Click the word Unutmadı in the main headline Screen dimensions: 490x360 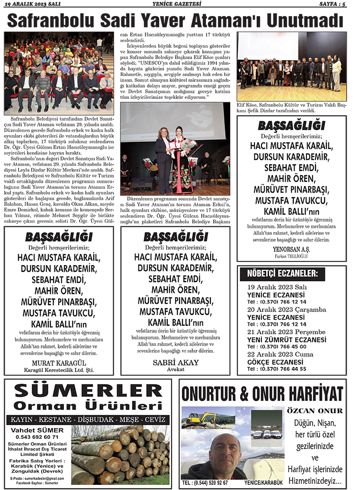pyautogui.click(x=305, y=21)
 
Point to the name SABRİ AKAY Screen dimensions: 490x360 pyautogui.click(x=176, y=363)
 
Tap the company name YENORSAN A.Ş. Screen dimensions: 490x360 pyautogui.click(x=291, y=249)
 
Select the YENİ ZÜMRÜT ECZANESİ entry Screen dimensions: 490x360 pyautogui.click(x=287, y=339)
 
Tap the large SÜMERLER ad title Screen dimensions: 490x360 pyautogui.click(x=88, y=392)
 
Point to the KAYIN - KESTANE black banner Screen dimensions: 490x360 pyautogui.click(x=88, y=419)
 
